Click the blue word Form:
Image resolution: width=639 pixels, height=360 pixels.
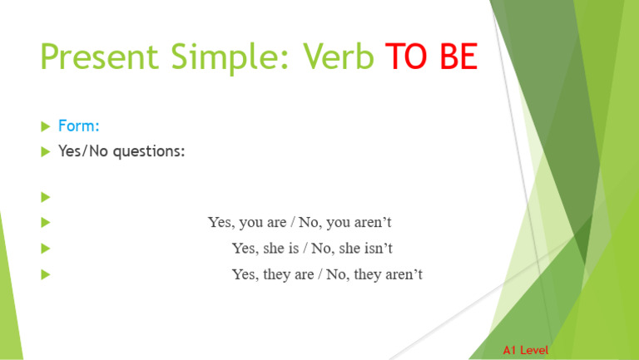click(79, 126)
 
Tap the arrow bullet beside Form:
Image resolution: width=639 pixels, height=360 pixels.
click(45, 126)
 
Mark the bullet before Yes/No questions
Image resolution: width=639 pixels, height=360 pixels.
click(45, 151)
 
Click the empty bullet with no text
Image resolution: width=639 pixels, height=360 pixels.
click(45, 198)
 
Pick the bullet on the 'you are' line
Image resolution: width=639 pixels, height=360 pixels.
click(45, 223)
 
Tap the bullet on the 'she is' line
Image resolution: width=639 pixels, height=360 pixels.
click(45, 248)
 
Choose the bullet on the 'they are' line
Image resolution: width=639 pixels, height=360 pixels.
click(45, 274)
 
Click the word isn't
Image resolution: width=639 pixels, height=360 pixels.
click(377, 249)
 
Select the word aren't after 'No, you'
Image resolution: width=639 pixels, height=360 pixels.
click(374, 223)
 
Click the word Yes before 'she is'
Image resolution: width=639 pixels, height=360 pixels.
click(245, 249)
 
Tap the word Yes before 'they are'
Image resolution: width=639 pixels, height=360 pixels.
click(245, 274)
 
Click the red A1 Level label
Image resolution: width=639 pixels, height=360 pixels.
click(525, 351)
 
